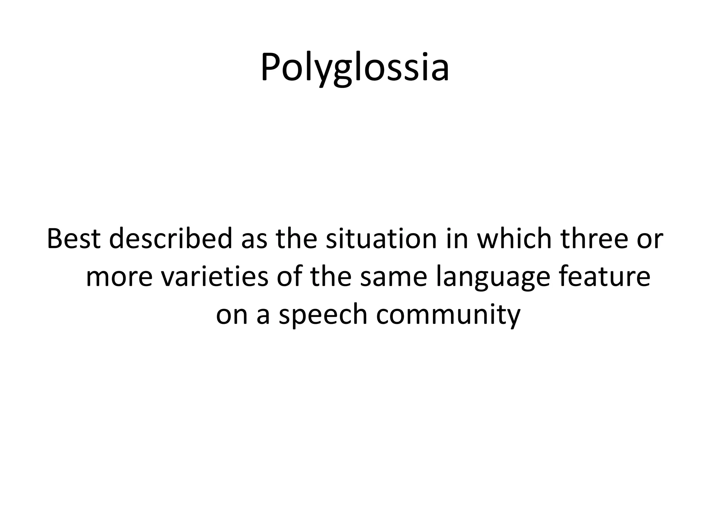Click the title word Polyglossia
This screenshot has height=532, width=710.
pyautogui.click(x=355, y=68)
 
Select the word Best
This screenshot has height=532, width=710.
pyautogui.click(x=73, y=239)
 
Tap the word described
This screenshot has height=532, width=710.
pyautogui.click(x=170, y=239)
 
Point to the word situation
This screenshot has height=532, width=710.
pyautogui.click(x=381, y=239)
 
